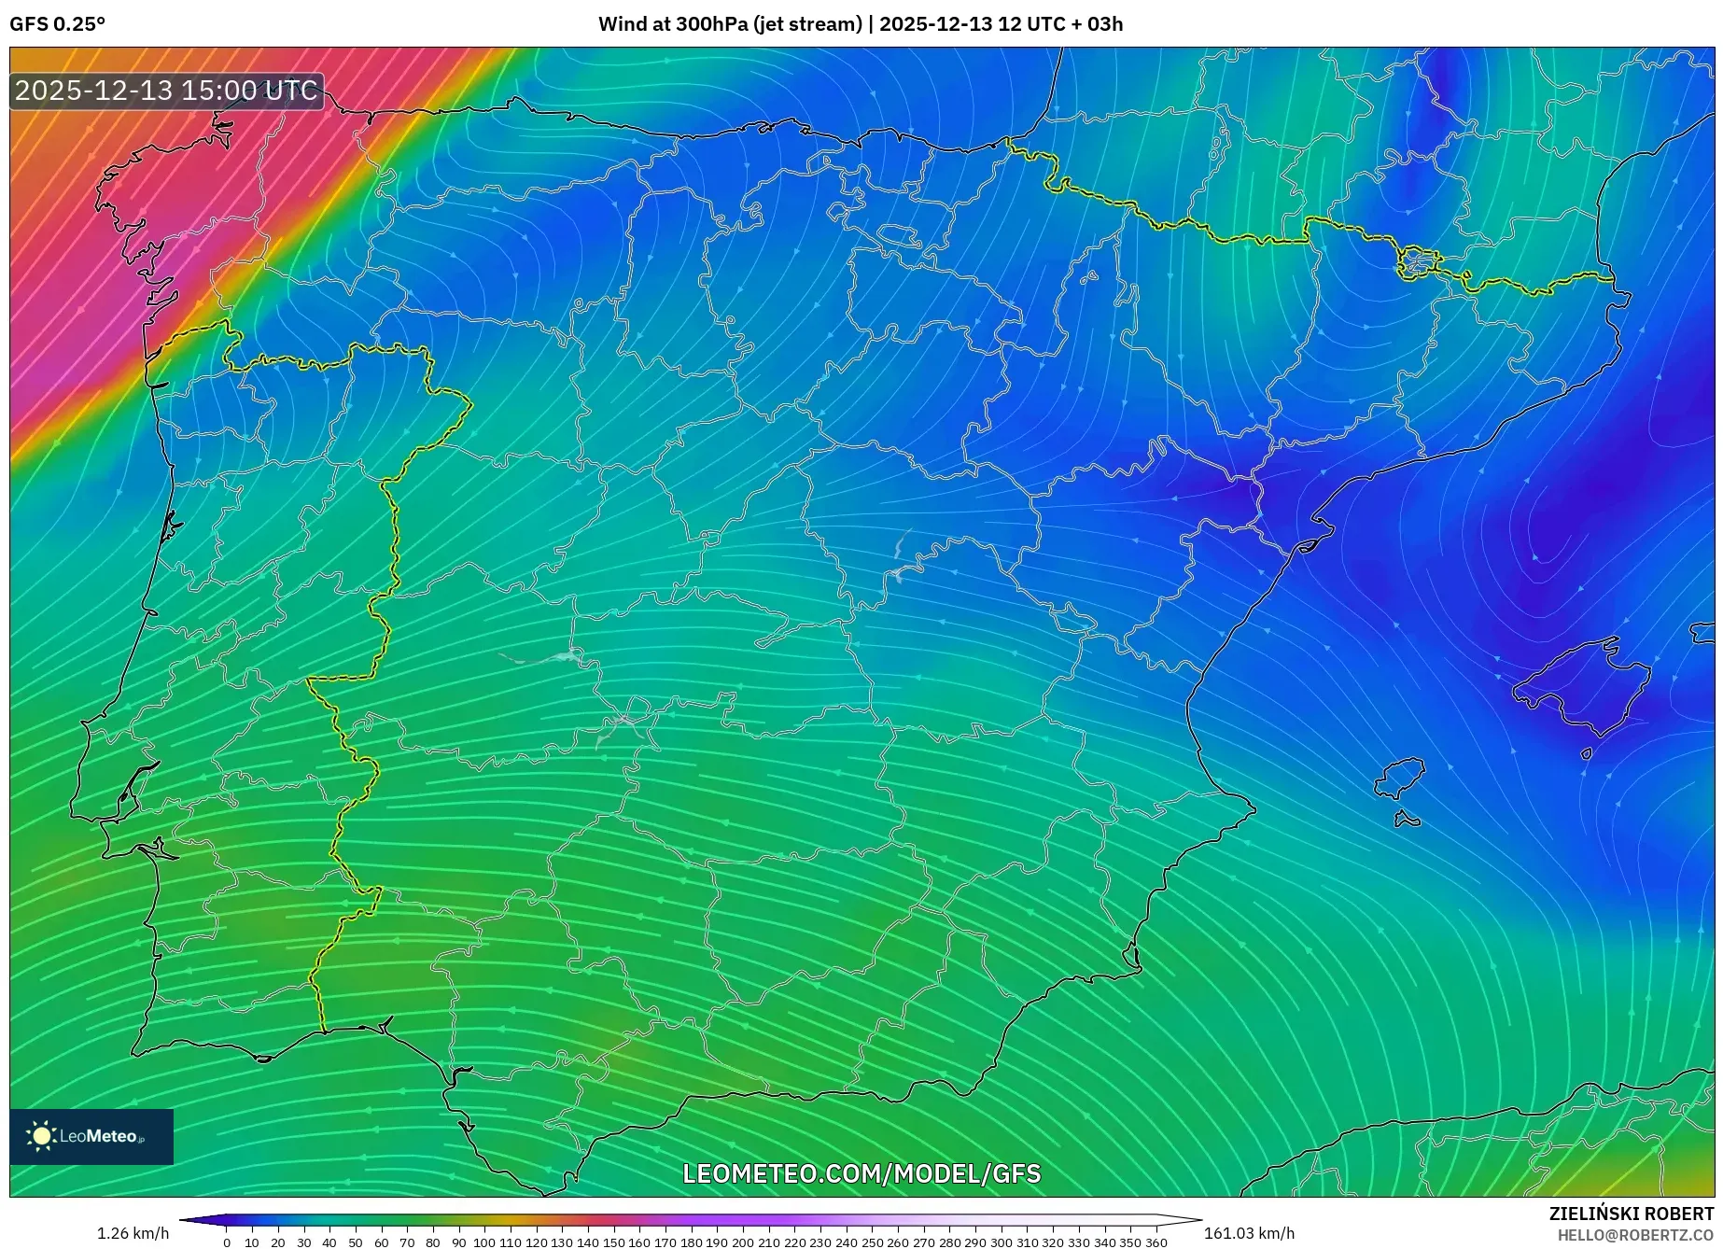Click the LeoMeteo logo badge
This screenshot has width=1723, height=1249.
91,1136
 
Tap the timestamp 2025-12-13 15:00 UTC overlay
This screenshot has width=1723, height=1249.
167,91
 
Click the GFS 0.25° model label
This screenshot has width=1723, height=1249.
57,24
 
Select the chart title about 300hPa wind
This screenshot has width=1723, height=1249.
861,24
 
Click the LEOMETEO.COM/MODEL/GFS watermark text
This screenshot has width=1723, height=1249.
861,1173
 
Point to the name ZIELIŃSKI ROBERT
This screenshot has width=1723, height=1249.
1632,1214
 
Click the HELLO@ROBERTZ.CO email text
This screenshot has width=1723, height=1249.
1635,1234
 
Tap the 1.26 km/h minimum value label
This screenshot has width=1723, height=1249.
133,1233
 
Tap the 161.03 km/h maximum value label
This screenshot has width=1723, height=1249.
1249,1233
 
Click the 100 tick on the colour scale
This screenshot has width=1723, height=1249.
483,1242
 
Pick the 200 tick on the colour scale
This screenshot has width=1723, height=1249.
743,1242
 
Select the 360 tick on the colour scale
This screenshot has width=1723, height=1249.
1156,1242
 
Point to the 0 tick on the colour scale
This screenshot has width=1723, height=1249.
227,1242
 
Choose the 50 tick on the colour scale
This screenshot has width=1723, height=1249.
355,1242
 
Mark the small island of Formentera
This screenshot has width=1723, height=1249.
1407,820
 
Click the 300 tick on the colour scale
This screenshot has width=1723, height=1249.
1002,1242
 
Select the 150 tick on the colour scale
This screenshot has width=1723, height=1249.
613,1242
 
